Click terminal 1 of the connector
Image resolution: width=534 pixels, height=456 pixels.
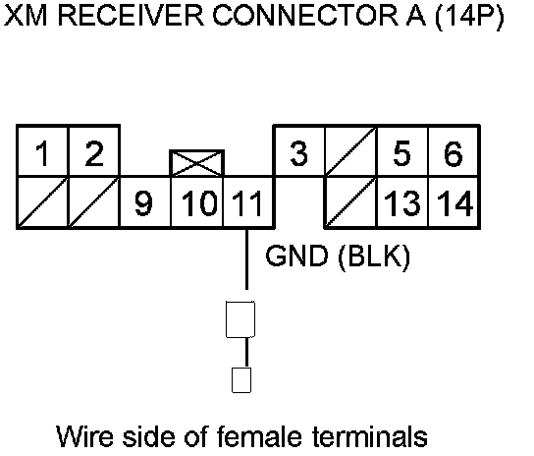tap(43, 151)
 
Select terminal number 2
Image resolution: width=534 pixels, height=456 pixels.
tap(94, 151)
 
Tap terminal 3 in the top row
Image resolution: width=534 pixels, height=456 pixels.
tap(299, 151)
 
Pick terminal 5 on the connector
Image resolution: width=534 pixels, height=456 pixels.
tap(402, 151)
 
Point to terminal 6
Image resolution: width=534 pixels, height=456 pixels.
tap(454, 151)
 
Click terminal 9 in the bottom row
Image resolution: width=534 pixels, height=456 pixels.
tap(145, 202)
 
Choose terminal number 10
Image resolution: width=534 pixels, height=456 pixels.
tap(197, 202)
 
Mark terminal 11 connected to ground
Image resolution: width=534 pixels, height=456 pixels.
tap(248, 202)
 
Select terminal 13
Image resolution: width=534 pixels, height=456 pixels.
tap(402, 202)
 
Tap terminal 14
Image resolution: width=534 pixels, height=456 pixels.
tap(454, 202)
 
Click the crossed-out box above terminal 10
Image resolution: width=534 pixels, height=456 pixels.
tap(197, 163)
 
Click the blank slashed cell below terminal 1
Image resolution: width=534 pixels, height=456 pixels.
tap(43, 202)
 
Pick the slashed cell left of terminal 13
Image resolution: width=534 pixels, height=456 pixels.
tap(351, 202)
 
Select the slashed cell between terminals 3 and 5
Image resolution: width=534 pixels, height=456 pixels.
tap(351, 151)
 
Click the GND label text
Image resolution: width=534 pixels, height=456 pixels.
tap(297, 256)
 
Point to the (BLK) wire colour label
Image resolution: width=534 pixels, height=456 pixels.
tap(374, 256)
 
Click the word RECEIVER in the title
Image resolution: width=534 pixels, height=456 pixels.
tap(132, 16)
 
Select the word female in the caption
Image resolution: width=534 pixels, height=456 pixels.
tap(259, 436)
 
